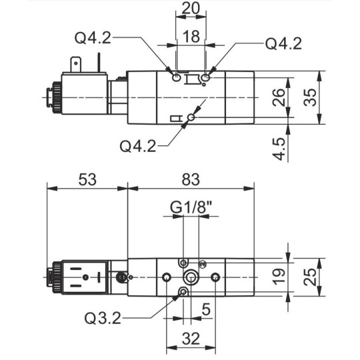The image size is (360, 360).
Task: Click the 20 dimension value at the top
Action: click(x=191, y=8)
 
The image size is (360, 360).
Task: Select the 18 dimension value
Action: click(x=191, y=36)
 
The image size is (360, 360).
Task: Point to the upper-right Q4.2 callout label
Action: click(x=283, y=43)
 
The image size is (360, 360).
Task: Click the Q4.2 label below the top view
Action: click(x=138, y=146)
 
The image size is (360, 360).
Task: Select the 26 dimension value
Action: click(x=278, y=97)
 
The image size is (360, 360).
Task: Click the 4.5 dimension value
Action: click(x=279, y=149)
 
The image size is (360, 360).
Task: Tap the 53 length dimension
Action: click(x=87, y=179)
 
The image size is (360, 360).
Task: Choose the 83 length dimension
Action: click(x=191, y=179)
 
